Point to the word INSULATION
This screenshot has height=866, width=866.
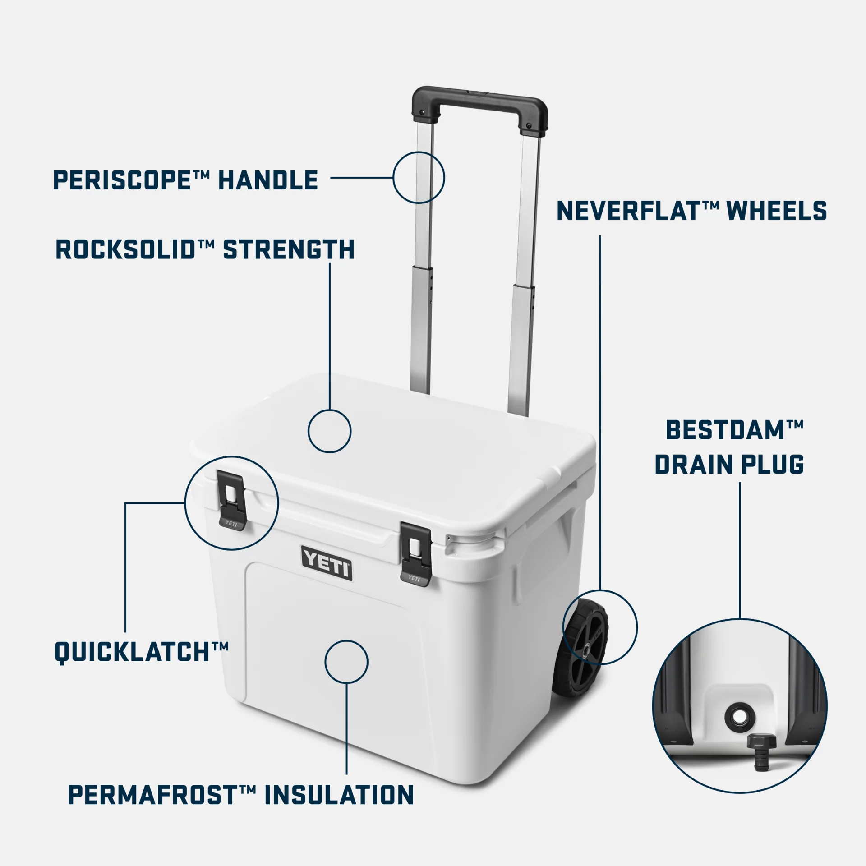click(338, 795)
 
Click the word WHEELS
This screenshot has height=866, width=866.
click(777, 211)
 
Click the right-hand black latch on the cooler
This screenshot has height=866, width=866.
click(416, 554)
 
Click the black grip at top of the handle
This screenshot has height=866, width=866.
click(480, 97)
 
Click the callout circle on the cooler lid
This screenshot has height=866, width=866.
click(329, 431)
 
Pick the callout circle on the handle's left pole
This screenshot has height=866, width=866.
click(419, 177)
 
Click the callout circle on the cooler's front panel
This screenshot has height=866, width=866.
click(346, 662)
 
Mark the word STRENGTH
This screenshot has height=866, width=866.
click(289, 250)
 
